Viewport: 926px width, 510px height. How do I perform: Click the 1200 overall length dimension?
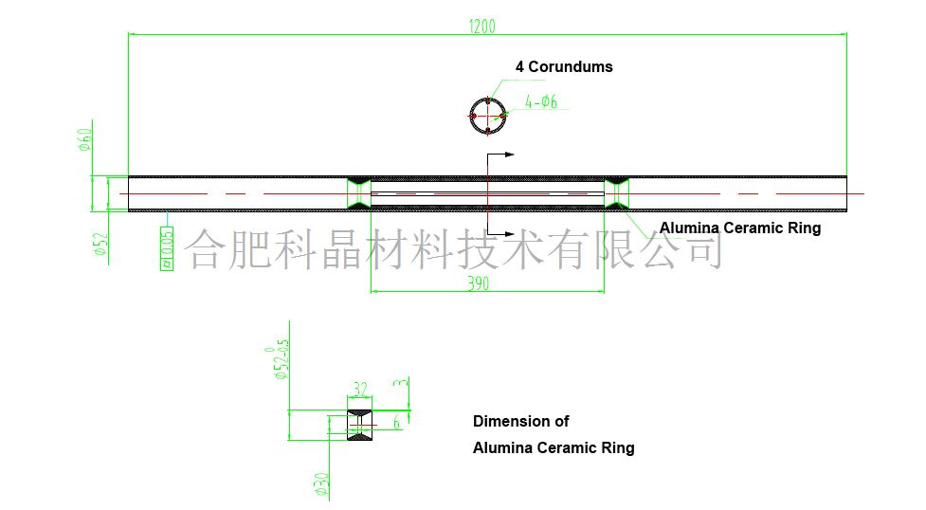[481, 26]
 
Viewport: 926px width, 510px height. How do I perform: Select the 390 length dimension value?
[480, 283]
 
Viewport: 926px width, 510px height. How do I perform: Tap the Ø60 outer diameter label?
[83, 140]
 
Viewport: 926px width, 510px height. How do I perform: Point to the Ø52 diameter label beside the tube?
[98, 244]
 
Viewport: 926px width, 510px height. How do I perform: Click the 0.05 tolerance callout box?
[168, 248]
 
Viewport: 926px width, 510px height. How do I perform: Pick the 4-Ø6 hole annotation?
[542, 102]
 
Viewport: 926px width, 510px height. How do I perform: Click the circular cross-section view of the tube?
[487, 116]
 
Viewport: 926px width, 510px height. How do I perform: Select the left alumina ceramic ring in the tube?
[359, 191]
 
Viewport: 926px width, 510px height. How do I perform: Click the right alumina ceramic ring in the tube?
[617, 191]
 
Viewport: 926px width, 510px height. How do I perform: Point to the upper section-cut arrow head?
[509, 154]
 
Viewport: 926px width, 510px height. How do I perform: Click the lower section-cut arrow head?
[509, 234]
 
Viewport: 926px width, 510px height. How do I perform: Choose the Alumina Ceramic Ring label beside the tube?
[740, 228]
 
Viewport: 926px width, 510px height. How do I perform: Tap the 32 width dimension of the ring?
[359, 389]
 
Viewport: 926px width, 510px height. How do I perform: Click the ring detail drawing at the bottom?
[359, 424]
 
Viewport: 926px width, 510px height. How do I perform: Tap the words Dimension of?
[521, 421]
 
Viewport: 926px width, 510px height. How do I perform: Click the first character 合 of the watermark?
[203, 247]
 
